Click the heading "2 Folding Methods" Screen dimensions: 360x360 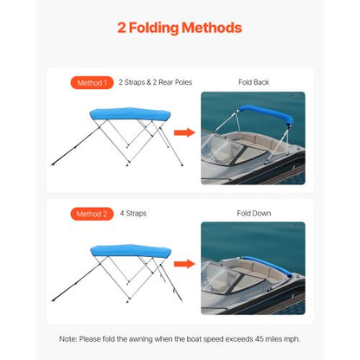[179, 28]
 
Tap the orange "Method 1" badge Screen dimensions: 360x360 [91, 83]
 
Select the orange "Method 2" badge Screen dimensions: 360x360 [91, 213]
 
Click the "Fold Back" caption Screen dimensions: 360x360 [254, 83]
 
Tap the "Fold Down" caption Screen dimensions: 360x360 [254, 213]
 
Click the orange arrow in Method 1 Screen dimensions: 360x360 [183, 133]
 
